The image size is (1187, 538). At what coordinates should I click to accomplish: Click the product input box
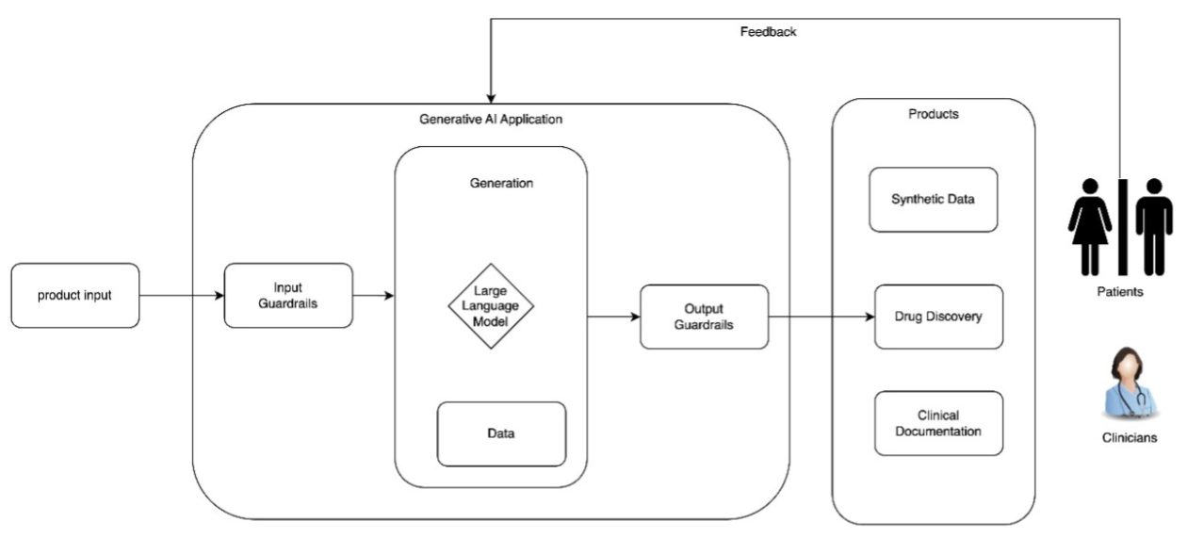pyautogui.click(x=75, y=296)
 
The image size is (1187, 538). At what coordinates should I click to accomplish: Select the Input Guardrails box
pyautogui.click(x=288, y=296)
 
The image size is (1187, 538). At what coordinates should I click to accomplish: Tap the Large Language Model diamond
pyautogui.click(x=490, y=305)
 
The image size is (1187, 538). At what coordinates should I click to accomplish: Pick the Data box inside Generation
pyautogui.click(x=501, y=433)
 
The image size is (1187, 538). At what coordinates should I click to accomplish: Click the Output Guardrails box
pyautogui.click(x=704, y=317)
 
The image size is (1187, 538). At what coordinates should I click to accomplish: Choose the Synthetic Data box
pyautogui.click(x=933, y=200)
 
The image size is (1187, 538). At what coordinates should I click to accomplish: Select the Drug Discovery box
pyautogui.click(x=937, y=317)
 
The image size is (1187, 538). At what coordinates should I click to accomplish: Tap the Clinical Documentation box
pyautogui.click(x=938, y=423)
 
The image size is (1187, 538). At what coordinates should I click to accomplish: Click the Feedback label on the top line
pyautogui.click(x=768, y=32)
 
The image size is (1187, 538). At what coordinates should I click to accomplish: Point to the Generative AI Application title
pyautogui.click(x=491, y=120)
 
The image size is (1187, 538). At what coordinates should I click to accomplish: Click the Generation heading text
pyautogui.click(x=501, y=184)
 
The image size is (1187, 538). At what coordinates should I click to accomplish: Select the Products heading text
pyautogui.click(x=933, y=114)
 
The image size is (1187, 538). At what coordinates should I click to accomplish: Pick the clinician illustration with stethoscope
pyautogui.click(x=1129, y=382)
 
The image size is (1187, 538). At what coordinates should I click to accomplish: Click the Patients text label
pyautogui.click(x=1121, y=292)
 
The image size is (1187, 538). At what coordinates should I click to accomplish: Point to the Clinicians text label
pyautogui.click(x=1129, y=438)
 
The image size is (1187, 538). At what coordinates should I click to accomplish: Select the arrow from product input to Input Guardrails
pyautogui.click(x=182, y=296)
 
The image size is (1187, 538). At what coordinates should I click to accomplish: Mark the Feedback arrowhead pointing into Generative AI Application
pyautogui.click(x=490, y=97)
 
